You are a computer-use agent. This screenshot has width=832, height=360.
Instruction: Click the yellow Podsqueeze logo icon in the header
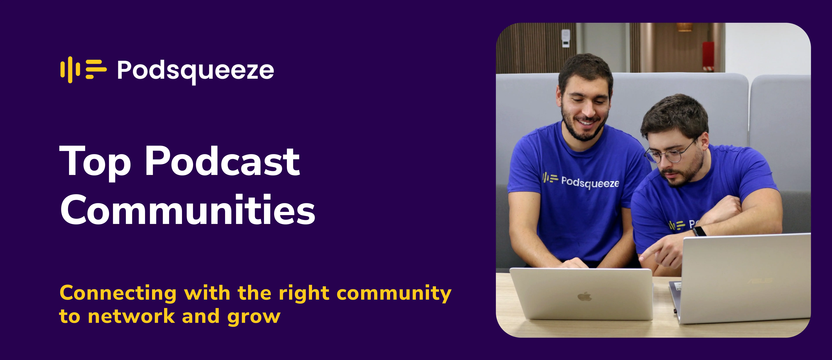point(83,69)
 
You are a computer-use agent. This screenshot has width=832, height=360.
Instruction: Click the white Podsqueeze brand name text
point(195,70)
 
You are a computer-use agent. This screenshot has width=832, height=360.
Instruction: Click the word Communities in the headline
point(187,210)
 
